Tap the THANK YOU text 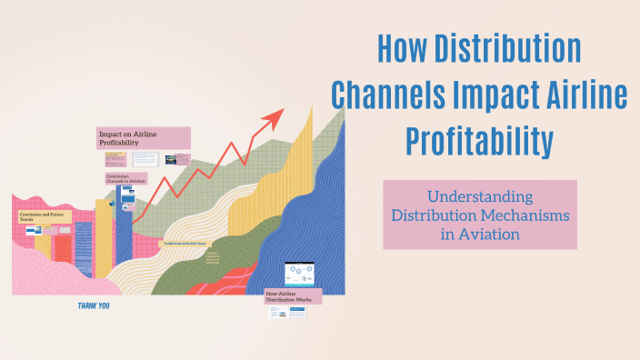pyautogui.click(x=95, y=306)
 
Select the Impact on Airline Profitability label pyautogui.click(x=144, y=138)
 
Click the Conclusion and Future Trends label pyautogui.click(x=45, y=217)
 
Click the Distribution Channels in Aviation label pyautogui.click(x=126, y=179)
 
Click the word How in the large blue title pyautogui.click(x=405, y=47)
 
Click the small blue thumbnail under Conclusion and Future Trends pyautogui.click(x=34, y=231)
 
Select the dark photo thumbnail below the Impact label pyautogui.click(x=171, y=159)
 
